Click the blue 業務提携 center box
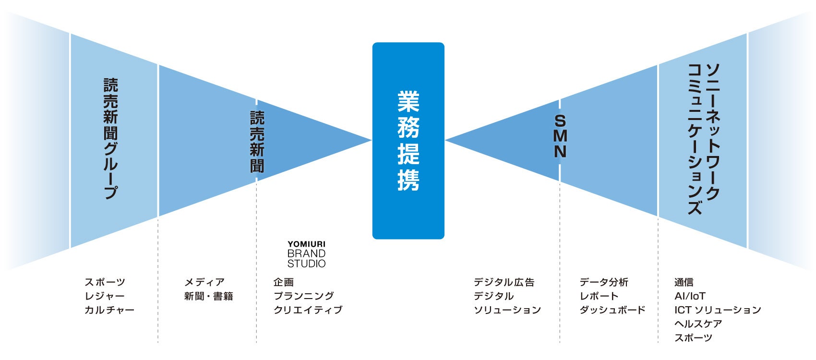pyautogui.click(x=408, y=141)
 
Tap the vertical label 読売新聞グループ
pyautogui.click(x=111, y=139)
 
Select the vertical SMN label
pyautogui.click(x=560, y=137)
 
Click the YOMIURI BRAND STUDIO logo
pyautogui.click(x=306, y=255)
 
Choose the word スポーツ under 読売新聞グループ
pyautogui.click(x=105, y=282)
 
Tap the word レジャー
pyautogui.click(x=105, y=296)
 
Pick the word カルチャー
pyautogui.click(x=109, y=310)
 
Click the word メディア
pyautogui.click(x=204, y=282)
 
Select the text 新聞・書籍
pyautogui.click(x=209, y=296)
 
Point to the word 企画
pyautogui.click(x=283, y=282)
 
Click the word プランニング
pyautogui.click(x=303, y=296)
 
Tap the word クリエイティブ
pyautogui.click(x=308, y=310)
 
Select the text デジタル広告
pyautogui.click(x=504, y=282)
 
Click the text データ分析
pyautogui.click(x=604, y=282)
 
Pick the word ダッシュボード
pyautogui.click(x=612, y=310)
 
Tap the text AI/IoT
pyautogui.click(x=690, y=296)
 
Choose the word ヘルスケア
pyautogui.click(x=698, y=324)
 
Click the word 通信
pyautogui.click(x=684, y=282)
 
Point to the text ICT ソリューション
pyautogui.click(x=718, y=310)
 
